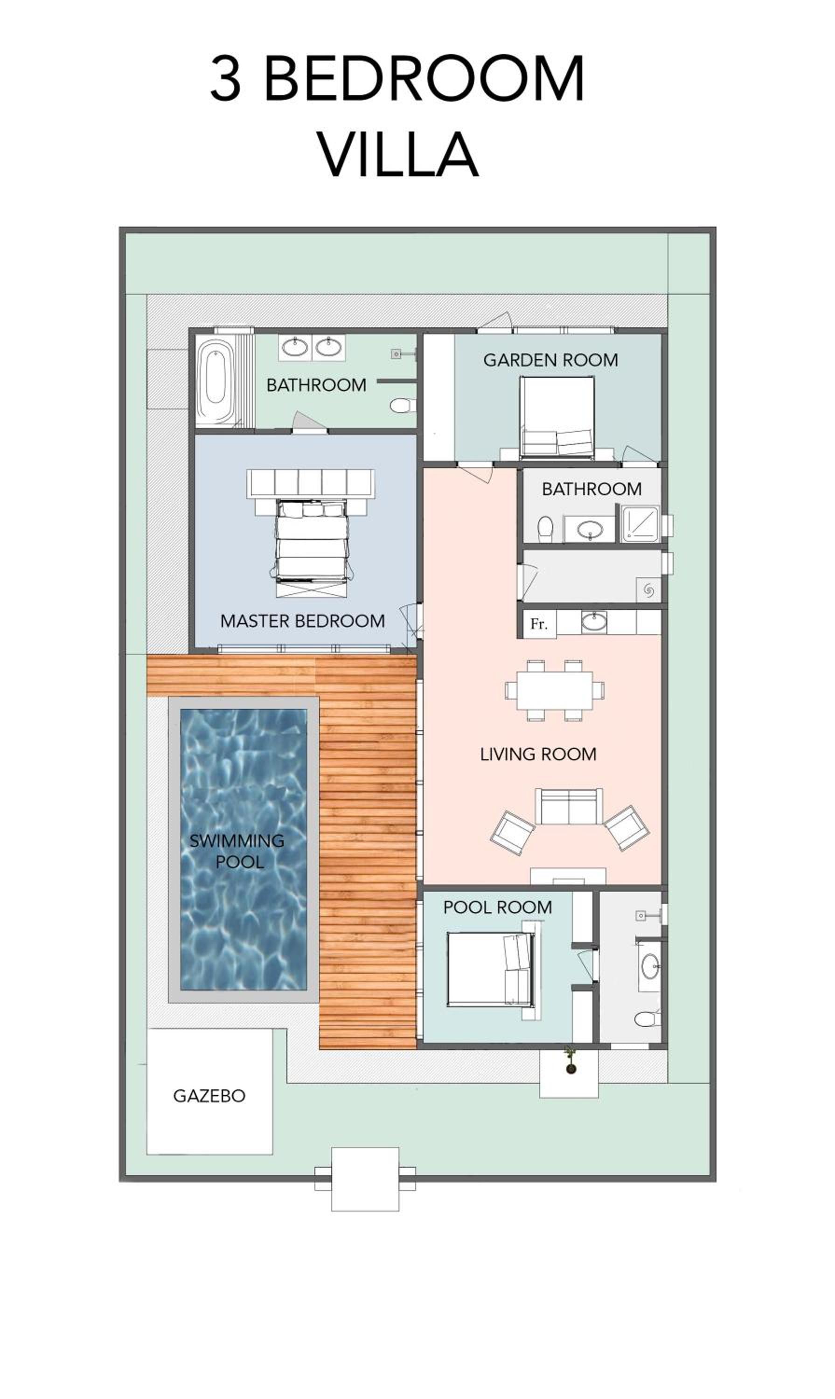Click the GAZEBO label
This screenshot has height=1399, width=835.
209,1096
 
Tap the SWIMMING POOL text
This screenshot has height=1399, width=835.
237,851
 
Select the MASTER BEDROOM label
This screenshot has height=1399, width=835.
303,621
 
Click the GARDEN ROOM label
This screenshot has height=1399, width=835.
550,360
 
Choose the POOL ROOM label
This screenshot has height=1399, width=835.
497,907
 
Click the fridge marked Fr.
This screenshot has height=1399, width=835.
540,624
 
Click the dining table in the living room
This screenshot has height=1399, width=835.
554,690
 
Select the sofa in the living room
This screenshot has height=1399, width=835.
568,807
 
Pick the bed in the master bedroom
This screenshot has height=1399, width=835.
311,548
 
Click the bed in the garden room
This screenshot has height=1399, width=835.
557,417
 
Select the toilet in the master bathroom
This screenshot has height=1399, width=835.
402,406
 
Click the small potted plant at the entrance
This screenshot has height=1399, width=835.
571,1060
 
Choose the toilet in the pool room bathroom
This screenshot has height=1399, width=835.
647,1019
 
